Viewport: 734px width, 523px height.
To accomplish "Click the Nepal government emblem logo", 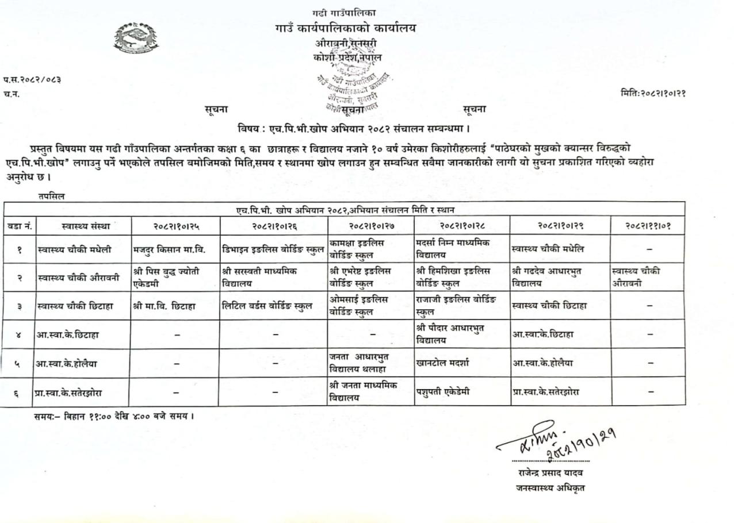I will [136, 39].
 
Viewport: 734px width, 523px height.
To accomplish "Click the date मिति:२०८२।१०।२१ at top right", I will [653, 92].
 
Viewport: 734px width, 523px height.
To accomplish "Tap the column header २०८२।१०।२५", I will [175, 226].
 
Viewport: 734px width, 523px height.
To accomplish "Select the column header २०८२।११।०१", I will [648, 226].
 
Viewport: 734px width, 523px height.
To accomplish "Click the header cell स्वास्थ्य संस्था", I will [85, 226].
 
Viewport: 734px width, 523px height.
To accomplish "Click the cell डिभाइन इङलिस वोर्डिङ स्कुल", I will [273, 249].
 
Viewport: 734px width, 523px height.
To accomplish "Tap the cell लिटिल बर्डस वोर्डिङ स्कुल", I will [267, 306].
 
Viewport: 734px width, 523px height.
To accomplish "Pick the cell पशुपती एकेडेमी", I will [444, 392].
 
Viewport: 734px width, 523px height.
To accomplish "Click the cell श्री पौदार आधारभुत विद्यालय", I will [450, 333].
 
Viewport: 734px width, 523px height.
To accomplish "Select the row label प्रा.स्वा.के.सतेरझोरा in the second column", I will [73, 393].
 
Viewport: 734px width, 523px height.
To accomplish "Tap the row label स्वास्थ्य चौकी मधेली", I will [74, 249].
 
